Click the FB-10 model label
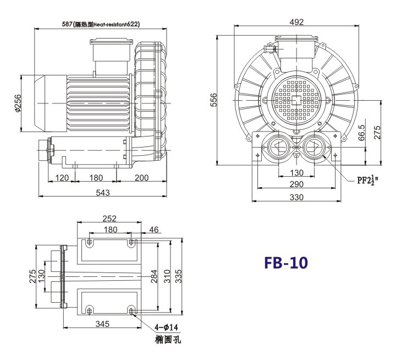point(286,263)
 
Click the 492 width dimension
point(297,22)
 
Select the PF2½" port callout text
point(368,179)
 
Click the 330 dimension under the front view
point(297,197)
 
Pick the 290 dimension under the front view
point(297,184)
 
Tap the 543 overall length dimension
point(103,192)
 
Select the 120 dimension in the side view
point(62,177)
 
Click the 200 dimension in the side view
point(141,177)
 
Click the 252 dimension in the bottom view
point(110,219)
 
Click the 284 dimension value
point(154,274)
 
